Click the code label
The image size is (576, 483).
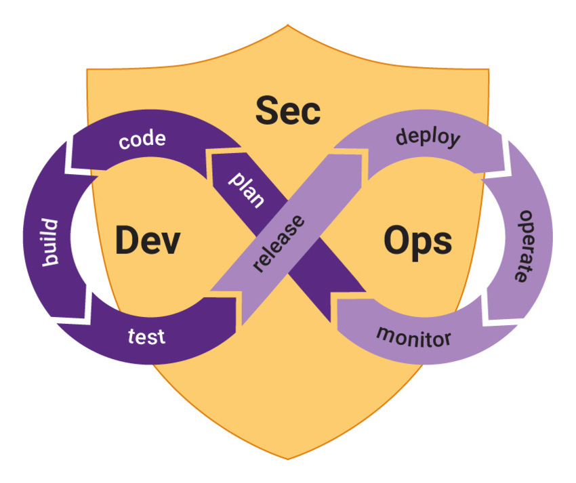coord(142,141)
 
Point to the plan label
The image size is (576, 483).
coord(247,189)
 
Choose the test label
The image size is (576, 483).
coord(146,336)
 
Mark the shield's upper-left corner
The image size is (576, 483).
coord(87,70)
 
